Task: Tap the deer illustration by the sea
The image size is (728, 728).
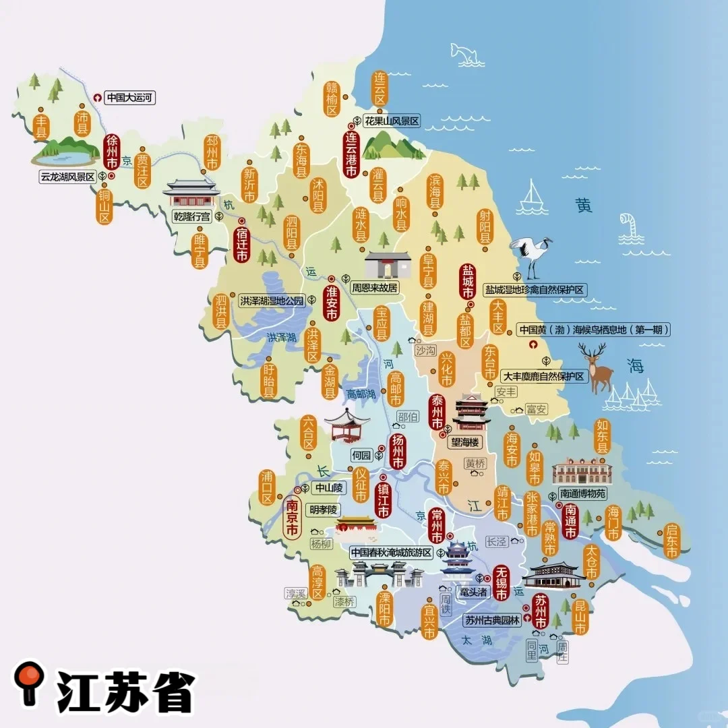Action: (x=597, y=367)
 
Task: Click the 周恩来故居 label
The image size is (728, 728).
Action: (x=375, y=287)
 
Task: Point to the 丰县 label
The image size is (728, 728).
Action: (x=42, y=127)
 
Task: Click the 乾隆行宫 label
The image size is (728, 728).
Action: (x=192, y=216)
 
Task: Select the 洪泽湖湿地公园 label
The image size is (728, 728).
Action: (x=272, y=301)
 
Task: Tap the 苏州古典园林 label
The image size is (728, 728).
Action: (x=493, y=621)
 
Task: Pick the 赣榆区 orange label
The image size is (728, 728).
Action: (x=332, y=100)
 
